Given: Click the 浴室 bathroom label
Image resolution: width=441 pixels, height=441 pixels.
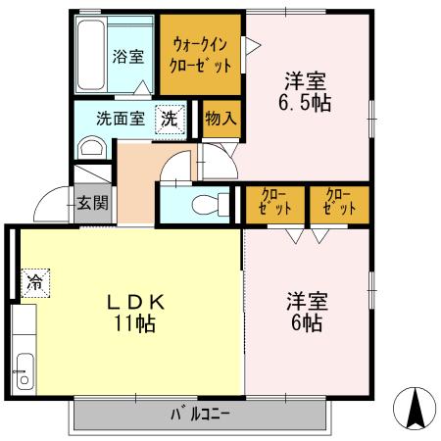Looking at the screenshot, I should point(127,56).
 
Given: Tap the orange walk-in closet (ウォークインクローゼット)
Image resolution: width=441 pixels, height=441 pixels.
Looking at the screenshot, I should point(202,55).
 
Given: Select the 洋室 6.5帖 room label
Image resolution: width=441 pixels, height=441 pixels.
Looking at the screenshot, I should point(306,90).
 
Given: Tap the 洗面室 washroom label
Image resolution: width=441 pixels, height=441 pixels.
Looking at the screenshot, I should point(121,119).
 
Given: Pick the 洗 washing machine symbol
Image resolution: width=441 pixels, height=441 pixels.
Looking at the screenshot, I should point(171,119).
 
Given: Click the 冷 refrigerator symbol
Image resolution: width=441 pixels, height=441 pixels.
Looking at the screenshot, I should point(35,282).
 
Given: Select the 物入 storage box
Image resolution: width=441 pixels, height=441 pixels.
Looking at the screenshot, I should point(220,119).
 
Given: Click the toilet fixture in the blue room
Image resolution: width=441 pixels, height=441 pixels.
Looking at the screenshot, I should point(204,205).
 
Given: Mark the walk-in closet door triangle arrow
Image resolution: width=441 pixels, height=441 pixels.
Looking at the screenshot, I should point(251,44).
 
